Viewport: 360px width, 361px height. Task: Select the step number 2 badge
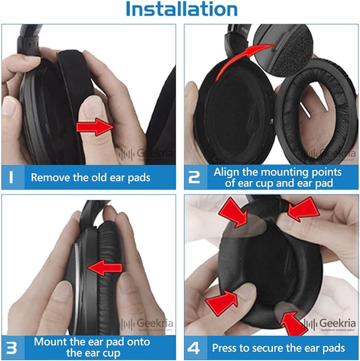(x=195, y=177)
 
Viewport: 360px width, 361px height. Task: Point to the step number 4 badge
(x=195, y=348)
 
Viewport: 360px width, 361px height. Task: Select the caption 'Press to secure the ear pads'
(x=278, y=348)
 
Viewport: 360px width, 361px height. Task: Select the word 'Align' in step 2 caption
(x=227, y=172)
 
